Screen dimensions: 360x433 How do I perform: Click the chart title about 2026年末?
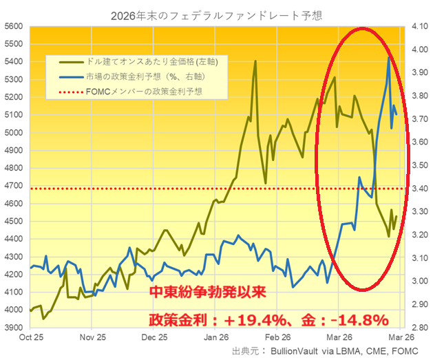(215, 12)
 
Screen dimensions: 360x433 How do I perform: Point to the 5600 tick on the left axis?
(14, 26)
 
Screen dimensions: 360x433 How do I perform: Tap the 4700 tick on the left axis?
(14, 186)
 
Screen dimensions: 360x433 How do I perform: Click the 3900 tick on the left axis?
(14, 328)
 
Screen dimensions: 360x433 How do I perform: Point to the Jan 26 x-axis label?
(216, 338)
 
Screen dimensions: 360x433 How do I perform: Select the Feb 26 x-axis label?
(278, 338)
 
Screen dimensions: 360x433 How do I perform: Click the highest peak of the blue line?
(390, 58)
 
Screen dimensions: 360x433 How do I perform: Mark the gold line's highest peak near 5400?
(255, 61)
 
